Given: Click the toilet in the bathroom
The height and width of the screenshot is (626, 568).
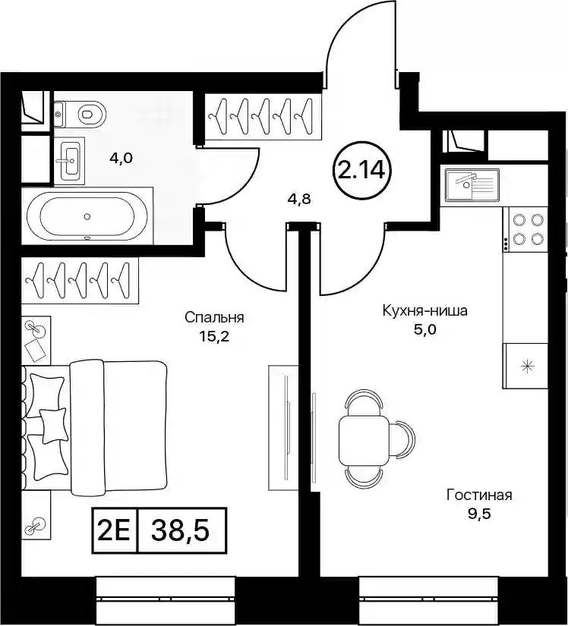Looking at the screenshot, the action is (x=80, y=114).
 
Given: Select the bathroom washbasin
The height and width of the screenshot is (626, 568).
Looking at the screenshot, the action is (x=70, y=161).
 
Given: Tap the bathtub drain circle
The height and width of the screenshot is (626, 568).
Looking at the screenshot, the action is (x=87, y=216).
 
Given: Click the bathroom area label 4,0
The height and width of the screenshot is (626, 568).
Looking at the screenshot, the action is (x=121, y=159).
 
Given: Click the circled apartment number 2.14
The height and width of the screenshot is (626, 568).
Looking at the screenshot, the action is (x=361, y=171).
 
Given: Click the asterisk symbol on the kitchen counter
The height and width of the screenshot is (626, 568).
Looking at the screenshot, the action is (x=529, y=366).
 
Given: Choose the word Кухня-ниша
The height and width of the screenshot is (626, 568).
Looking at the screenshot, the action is (x=424, y=310).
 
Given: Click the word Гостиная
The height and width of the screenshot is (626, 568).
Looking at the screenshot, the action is (x=479, y=495).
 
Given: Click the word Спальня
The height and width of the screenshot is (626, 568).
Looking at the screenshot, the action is (x=214, y=318).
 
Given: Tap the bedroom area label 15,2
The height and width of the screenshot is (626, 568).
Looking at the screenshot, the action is (x=214, y=337).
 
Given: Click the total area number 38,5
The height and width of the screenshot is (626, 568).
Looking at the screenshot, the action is (x=181, y=531).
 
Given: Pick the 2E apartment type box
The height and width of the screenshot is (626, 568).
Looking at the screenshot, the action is (x=114, y=531).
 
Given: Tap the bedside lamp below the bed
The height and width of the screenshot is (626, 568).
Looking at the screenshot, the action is (x=36, y=526).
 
